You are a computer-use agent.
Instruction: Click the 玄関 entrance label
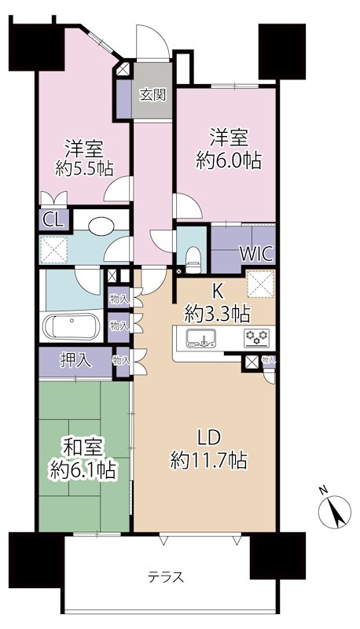tap(153, 96)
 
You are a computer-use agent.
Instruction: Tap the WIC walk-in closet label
tap(257, 256)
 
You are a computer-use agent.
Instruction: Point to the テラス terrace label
tap(166, 578)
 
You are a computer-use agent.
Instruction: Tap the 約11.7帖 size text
tap(209, 461)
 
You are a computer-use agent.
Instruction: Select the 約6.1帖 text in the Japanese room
tap(83, 470)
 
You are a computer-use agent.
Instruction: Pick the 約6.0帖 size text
tap(228, 160)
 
